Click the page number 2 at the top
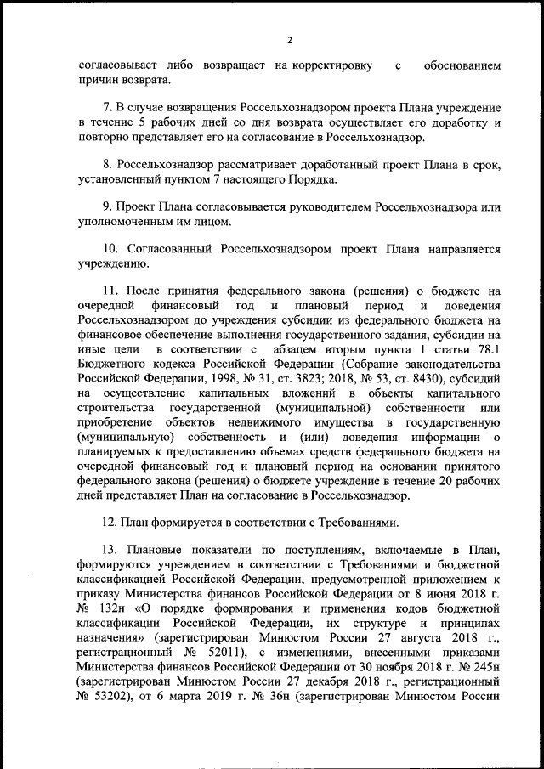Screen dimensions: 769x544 click(x=289, y=40)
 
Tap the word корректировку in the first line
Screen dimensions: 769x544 click(x=331, y=65)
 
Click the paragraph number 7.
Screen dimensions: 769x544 click(x=106, y=109)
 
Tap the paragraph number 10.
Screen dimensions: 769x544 click(x=110, y=252)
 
